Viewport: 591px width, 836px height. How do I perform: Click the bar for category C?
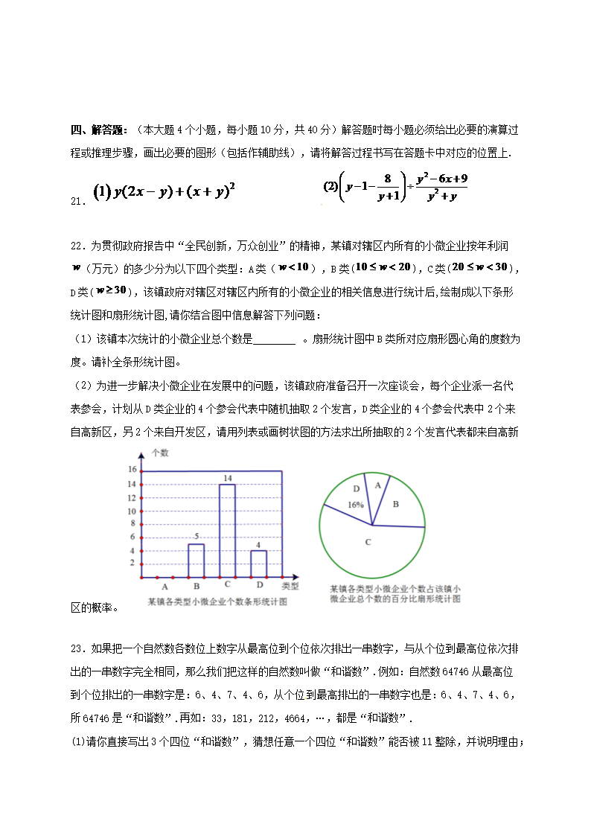click(x=227, y=530)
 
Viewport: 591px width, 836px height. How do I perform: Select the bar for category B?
click(x=196, y=560)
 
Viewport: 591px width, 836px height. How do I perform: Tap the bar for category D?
click(x=258, y=563)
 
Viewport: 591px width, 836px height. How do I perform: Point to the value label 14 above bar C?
click(x=227, y=477)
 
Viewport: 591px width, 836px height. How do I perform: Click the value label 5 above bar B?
click(x=196, y=537)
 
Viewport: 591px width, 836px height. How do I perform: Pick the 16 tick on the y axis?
click(x=132, y=470)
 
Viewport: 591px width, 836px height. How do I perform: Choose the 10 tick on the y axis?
click(x=132, y=511)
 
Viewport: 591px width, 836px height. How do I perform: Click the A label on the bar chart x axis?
click(x=164, y=587)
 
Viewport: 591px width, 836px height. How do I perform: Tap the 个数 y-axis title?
click(x=160, y=452)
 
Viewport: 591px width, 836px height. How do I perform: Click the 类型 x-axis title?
click(x=290, y=586)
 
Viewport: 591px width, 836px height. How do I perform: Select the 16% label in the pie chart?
click(x=355, y=505)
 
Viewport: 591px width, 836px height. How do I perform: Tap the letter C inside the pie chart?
click(x=368, y=542)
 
